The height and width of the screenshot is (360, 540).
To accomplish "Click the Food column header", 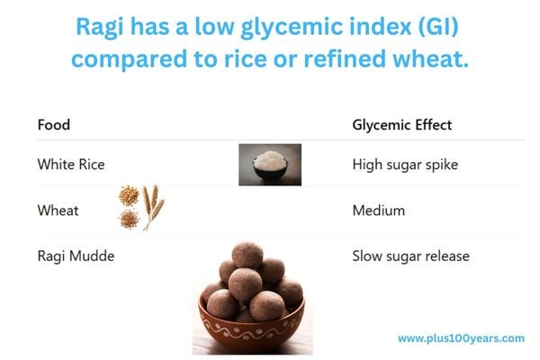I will pos(53,124).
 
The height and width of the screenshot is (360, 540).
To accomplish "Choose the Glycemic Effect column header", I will pos(401,124).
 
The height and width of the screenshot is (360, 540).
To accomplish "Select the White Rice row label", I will pos(71,165).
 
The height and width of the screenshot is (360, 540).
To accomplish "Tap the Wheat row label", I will pos(58,211).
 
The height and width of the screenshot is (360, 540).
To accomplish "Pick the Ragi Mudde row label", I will pos(76,256).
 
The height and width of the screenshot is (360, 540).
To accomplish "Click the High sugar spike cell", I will pos(404,165).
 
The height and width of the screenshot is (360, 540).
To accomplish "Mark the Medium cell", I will pos(378,211).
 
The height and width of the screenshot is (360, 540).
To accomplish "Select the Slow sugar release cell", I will pos(410,256).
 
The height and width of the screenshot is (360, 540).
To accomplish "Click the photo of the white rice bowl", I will pos(270,165).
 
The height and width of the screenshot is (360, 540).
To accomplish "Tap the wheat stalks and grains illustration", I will pos(141,208).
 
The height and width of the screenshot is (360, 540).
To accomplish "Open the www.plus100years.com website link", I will pos(461,338).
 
